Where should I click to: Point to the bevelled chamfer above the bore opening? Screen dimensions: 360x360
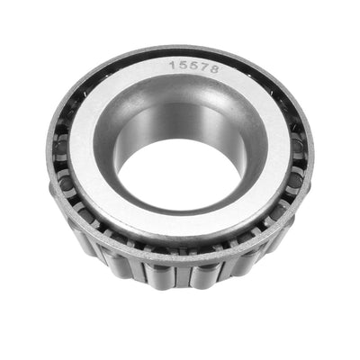pyautogui.click(x=180, y=94)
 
